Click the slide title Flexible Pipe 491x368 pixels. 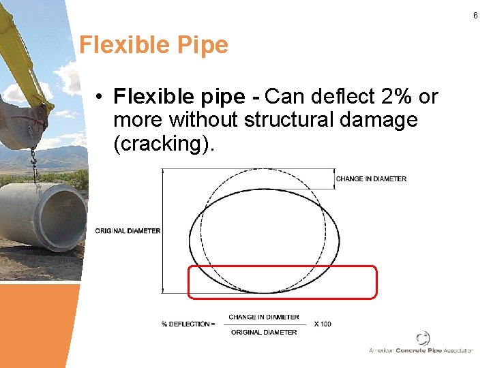click(x=153, y=45)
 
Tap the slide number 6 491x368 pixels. click(x=475, y=14)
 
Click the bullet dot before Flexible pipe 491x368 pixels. click(x=100, y=97)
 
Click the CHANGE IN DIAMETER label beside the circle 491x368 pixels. click(x=371, y=179)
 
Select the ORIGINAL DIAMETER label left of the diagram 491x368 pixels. click(x=128, y=230)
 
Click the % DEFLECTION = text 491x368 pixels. click(x=188, y=324)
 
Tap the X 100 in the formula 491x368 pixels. click(x=323, y=324)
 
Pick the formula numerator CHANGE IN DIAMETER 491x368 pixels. click(x=263, y=317)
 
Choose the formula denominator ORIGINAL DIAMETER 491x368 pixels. click(x=263, y=332)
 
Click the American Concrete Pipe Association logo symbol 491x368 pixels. click(x=423, y=338)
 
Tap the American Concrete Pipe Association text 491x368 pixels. click(x=421, y=350)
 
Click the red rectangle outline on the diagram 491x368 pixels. click(x=282, y=298)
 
